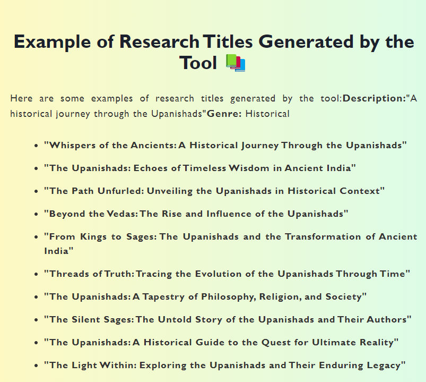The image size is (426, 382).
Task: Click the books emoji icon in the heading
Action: point(235,63)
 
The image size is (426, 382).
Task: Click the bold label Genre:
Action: point(224,114)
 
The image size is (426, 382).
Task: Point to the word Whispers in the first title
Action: point(69,145)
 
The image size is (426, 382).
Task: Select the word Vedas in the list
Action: point(121,214)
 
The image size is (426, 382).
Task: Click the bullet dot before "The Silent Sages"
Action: point(36,320)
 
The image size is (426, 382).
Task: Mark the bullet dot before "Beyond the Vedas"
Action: point(36,214)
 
